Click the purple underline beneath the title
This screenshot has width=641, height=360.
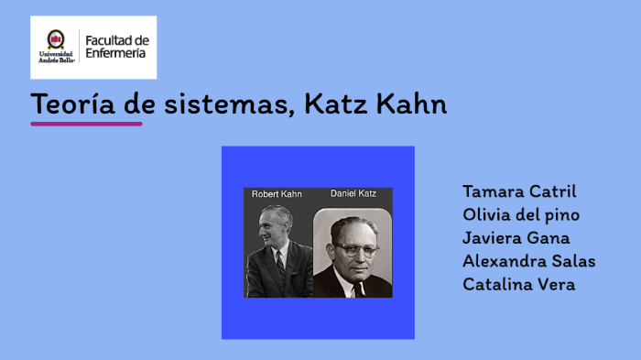click(x=86, y=123)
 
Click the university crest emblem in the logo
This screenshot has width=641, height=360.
click(x=57, y=39)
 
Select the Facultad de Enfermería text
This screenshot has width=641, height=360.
click(x=115, y=46)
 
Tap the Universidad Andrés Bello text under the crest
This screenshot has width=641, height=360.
click(x=57, y=57)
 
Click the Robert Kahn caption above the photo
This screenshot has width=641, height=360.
click(x=277, y=194)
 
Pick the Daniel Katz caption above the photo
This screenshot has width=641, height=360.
click(x=353, y=194)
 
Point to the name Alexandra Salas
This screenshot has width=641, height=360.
click(x=528, y=261)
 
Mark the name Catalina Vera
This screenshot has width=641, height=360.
click(x=518, y=284)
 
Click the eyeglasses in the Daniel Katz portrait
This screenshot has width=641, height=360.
click(x=353, y=246)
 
